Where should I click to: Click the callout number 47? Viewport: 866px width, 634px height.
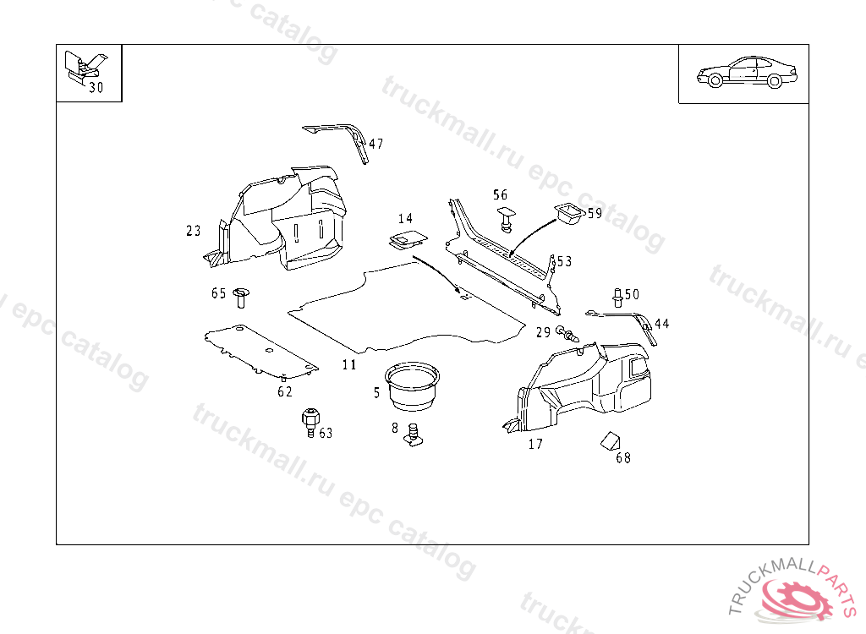click(x=376, y=144)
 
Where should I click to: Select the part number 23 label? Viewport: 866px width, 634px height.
click(x=194, y=230)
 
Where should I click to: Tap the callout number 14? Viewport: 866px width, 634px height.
click(x=405, y=220)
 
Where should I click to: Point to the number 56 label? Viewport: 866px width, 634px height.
click(x=501, y=195)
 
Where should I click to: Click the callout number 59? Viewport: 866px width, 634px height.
click(x=595, y=213)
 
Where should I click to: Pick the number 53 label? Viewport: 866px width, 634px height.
click(x=564, y=261)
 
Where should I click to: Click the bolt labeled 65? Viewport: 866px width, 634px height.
click(x=242, y=296)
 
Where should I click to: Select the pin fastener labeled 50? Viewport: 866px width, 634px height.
click(x=617, y=297)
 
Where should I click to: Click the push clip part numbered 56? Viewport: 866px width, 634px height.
click(x=507, y=217)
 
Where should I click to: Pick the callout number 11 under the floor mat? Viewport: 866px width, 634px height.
click(x=349, y=364)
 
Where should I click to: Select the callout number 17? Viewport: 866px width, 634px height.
click(x=535, y=444)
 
